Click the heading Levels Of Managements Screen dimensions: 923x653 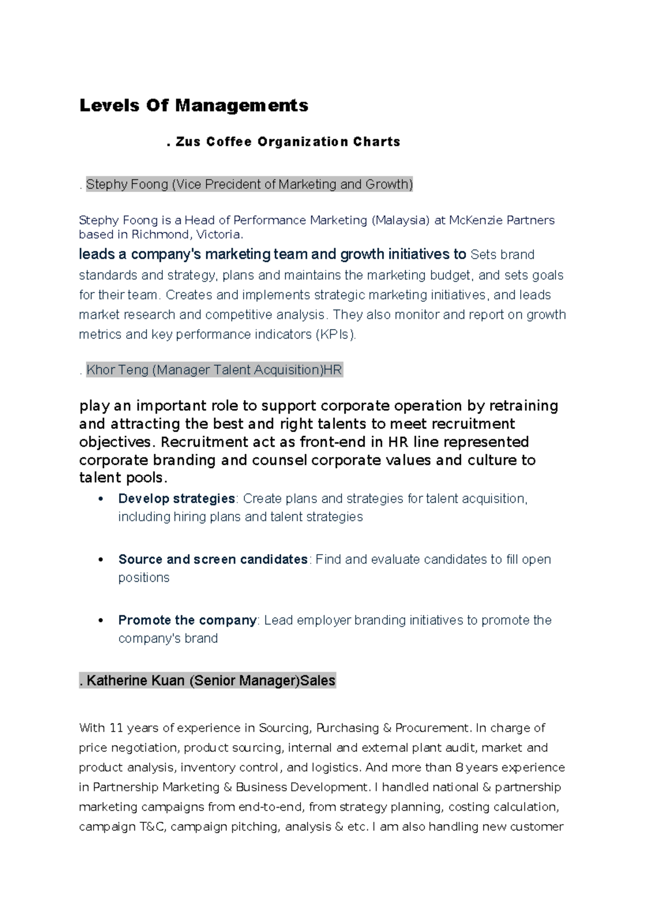pyautogui.click(x=194, y=105)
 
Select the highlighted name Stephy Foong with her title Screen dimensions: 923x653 pyautogui.click(x=249, y=184)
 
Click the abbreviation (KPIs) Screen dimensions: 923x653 pyautogui.click(x=336, y=335)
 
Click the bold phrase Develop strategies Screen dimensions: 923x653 pyautogui.click(x=176, y=499)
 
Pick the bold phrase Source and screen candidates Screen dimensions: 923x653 pyautogui.click(x=213, y=559)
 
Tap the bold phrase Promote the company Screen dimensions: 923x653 pyautogui.click(x=187, y=620)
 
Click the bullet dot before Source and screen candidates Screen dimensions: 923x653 pyautogui.click(x=100, y=560)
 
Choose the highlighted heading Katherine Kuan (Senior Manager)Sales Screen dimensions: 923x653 pyautogui.click(x=208, y=681)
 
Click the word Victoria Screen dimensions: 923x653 pyautogui.click(x=219, y=235)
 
